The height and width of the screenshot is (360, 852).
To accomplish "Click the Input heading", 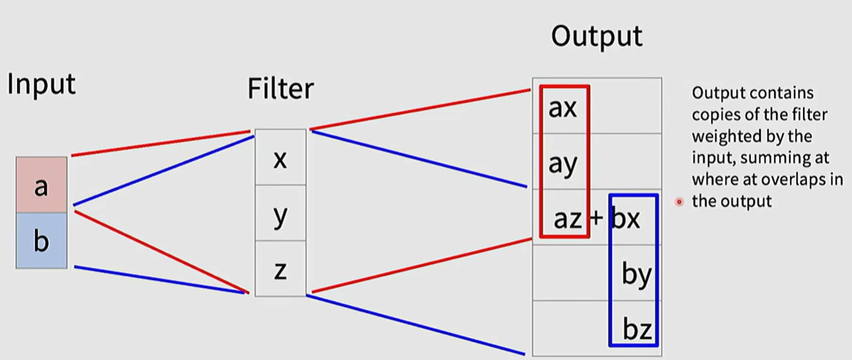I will (42, 85).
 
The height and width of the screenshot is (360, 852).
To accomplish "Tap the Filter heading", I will (280, 89).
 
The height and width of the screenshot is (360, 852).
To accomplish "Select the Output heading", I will (596, 37).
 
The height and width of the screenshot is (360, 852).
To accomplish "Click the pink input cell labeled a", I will (41, 185).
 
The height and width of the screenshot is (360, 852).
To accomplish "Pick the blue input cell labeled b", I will (41, 242).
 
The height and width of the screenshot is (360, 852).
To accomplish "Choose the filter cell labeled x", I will (280, 158).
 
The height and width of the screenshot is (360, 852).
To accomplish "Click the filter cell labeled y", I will (280, 214).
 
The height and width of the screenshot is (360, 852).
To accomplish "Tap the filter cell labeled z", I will (280, 270).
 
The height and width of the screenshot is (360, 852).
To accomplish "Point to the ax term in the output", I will (562, 108).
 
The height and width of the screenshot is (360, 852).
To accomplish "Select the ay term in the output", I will (562, 163).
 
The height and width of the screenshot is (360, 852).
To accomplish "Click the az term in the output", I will (567, 218).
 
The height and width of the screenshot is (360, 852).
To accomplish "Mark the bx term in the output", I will (626, 218).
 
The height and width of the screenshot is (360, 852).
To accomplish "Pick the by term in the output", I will (636, 275).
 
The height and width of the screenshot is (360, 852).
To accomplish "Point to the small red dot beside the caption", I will (679, 202).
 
